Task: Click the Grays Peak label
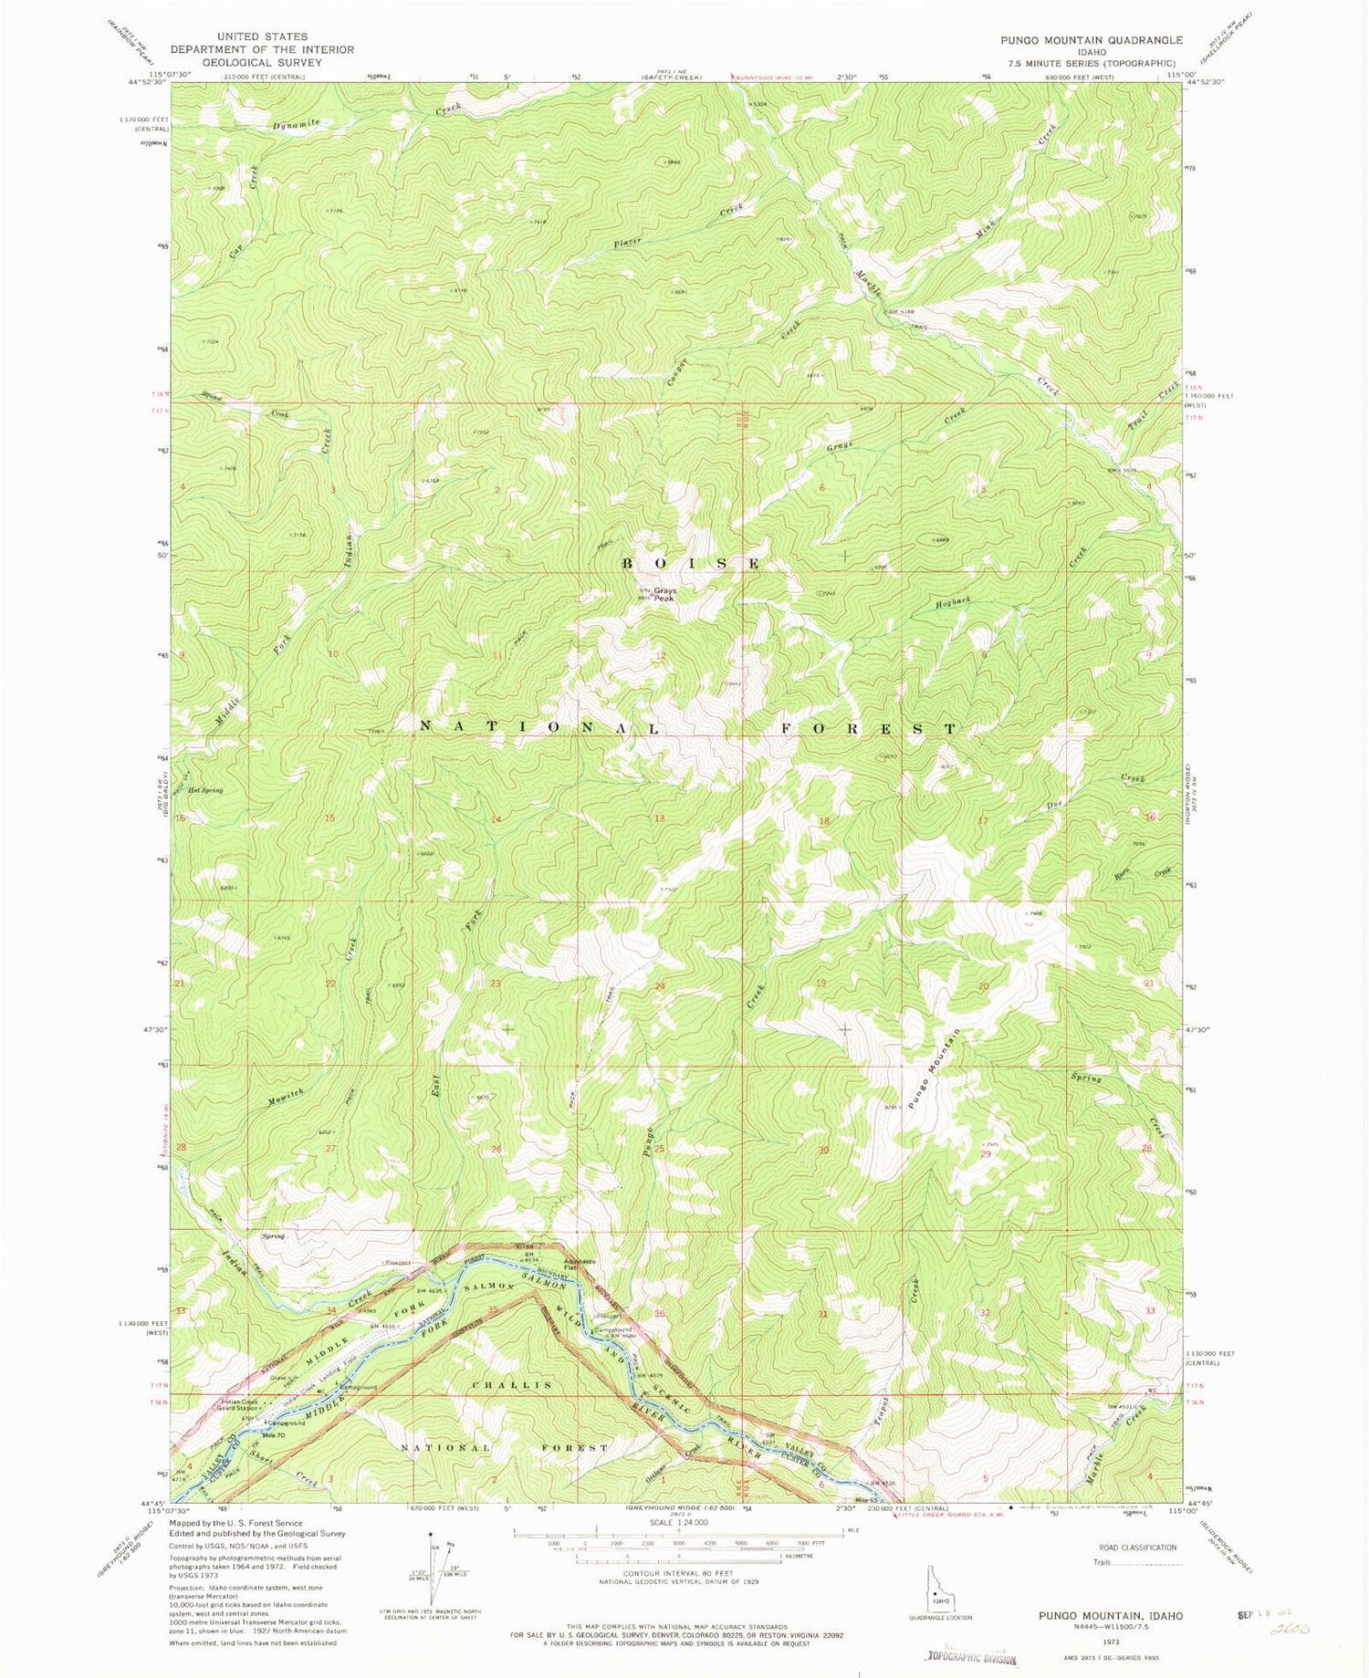click(664, 594)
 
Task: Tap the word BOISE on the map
click(691, 563)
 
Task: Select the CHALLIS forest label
click(512, 1385)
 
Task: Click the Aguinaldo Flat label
click(580, 1265)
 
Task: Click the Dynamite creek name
click(297, 124)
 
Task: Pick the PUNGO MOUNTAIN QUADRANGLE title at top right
click(1091, 40)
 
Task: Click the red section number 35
click(493, 1311)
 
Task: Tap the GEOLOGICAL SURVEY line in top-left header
click(262, 63)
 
